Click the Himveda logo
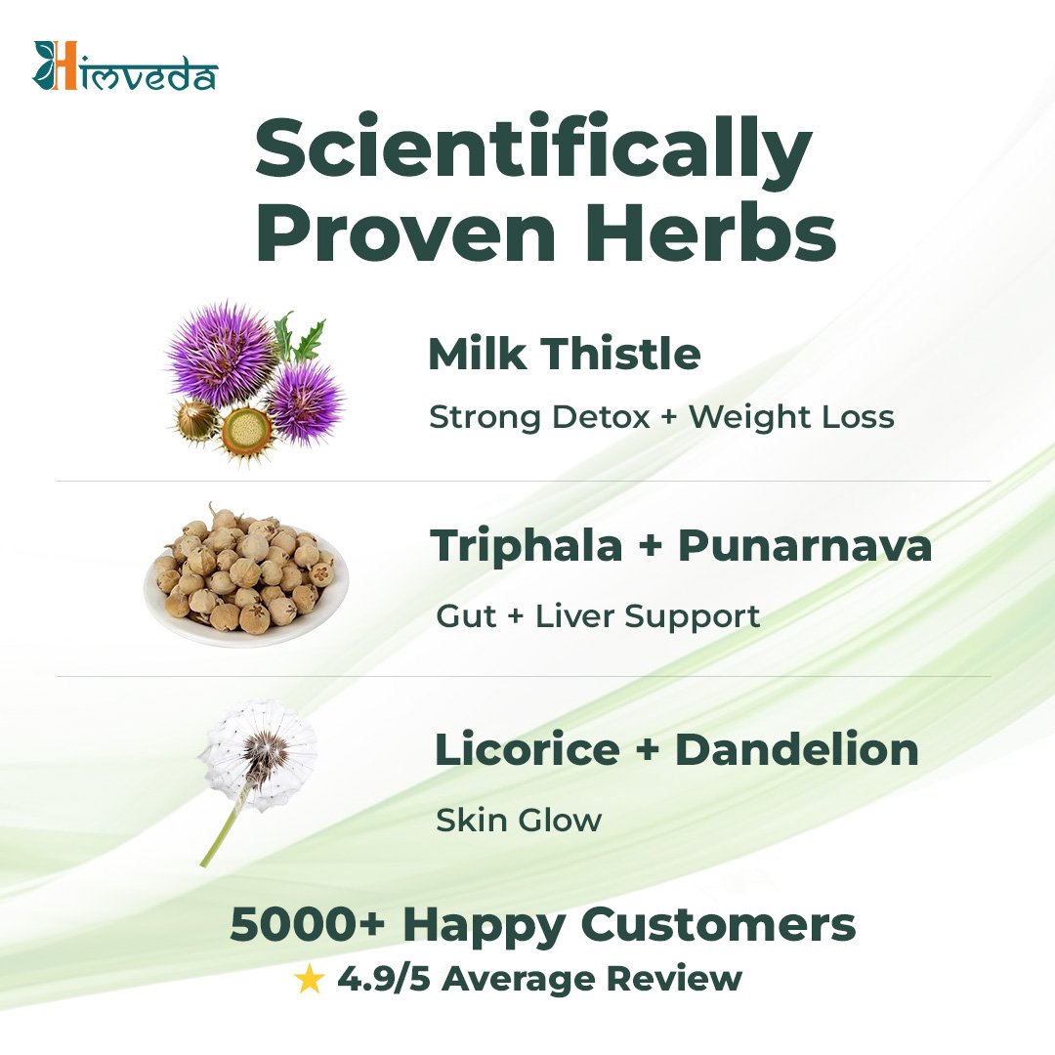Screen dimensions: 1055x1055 (125, 66)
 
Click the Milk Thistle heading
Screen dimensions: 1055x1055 (565, 354)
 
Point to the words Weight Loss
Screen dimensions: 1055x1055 (792, 416)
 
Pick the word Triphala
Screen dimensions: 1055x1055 (527, 545)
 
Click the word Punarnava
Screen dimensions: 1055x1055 (805, 546)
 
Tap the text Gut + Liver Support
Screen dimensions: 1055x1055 (598, 616)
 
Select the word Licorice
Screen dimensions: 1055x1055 (527, 749)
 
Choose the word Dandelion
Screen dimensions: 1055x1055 (797, 749)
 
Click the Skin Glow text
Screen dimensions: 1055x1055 (519, 821)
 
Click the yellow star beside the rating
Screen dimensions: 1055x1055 (310, 979)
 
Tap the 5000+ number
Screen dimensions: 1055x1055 (308, 924)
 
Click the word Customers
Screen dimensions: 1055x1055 (718, 924)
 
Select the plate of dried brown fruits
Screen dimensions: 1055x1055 (246, 575)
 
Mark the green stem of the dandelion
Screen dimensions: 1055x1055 (224, 827)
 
